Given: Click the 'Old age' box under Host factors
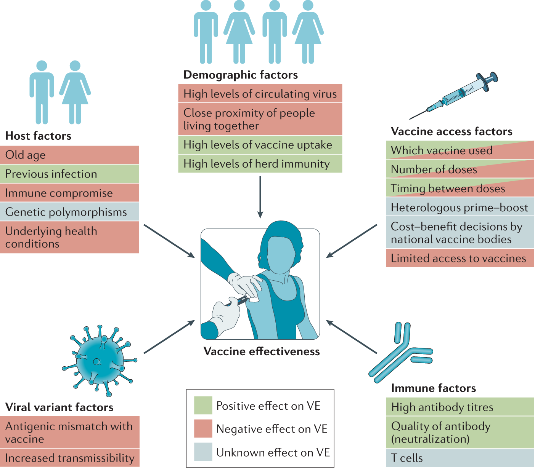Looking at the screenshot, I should tap(69, 155).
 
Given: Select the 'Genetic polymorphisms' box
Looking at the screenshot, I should tap(69, 212).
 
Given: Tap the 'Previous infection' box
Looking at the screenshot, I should tap(69, 174).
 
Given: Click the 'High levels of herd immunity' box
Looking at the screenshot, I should tap(260, 164).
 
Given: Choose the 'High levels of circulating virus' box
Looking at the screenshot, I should tap(260, 94).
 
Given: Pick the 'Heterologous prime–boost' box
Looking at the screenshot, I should tap(459, 208).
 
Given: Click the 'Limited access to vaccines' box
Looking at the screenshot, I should tap(459, 258).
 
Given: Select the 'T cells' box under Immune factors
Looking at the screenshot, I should tap(459, 458).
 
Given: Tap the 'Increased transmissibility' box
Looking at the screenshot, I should tap(69, 458).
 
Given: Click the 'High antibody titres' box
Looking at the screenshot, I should tap(459, 407).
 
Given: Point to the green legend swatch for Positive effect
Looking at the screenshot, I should tap(203, 406).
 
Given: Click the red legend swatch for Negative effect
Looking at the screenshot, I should tap(203, 429).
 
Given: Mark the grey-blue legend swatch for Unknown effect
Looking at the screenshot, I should tap(203, 452).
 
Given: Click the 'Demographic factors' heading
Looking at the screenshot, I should tap(241, 75).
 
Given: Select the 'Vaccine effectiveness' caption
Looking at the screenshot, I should tap(262, 351).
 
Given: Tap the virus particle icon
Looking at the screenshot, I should tap(99, 360).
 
